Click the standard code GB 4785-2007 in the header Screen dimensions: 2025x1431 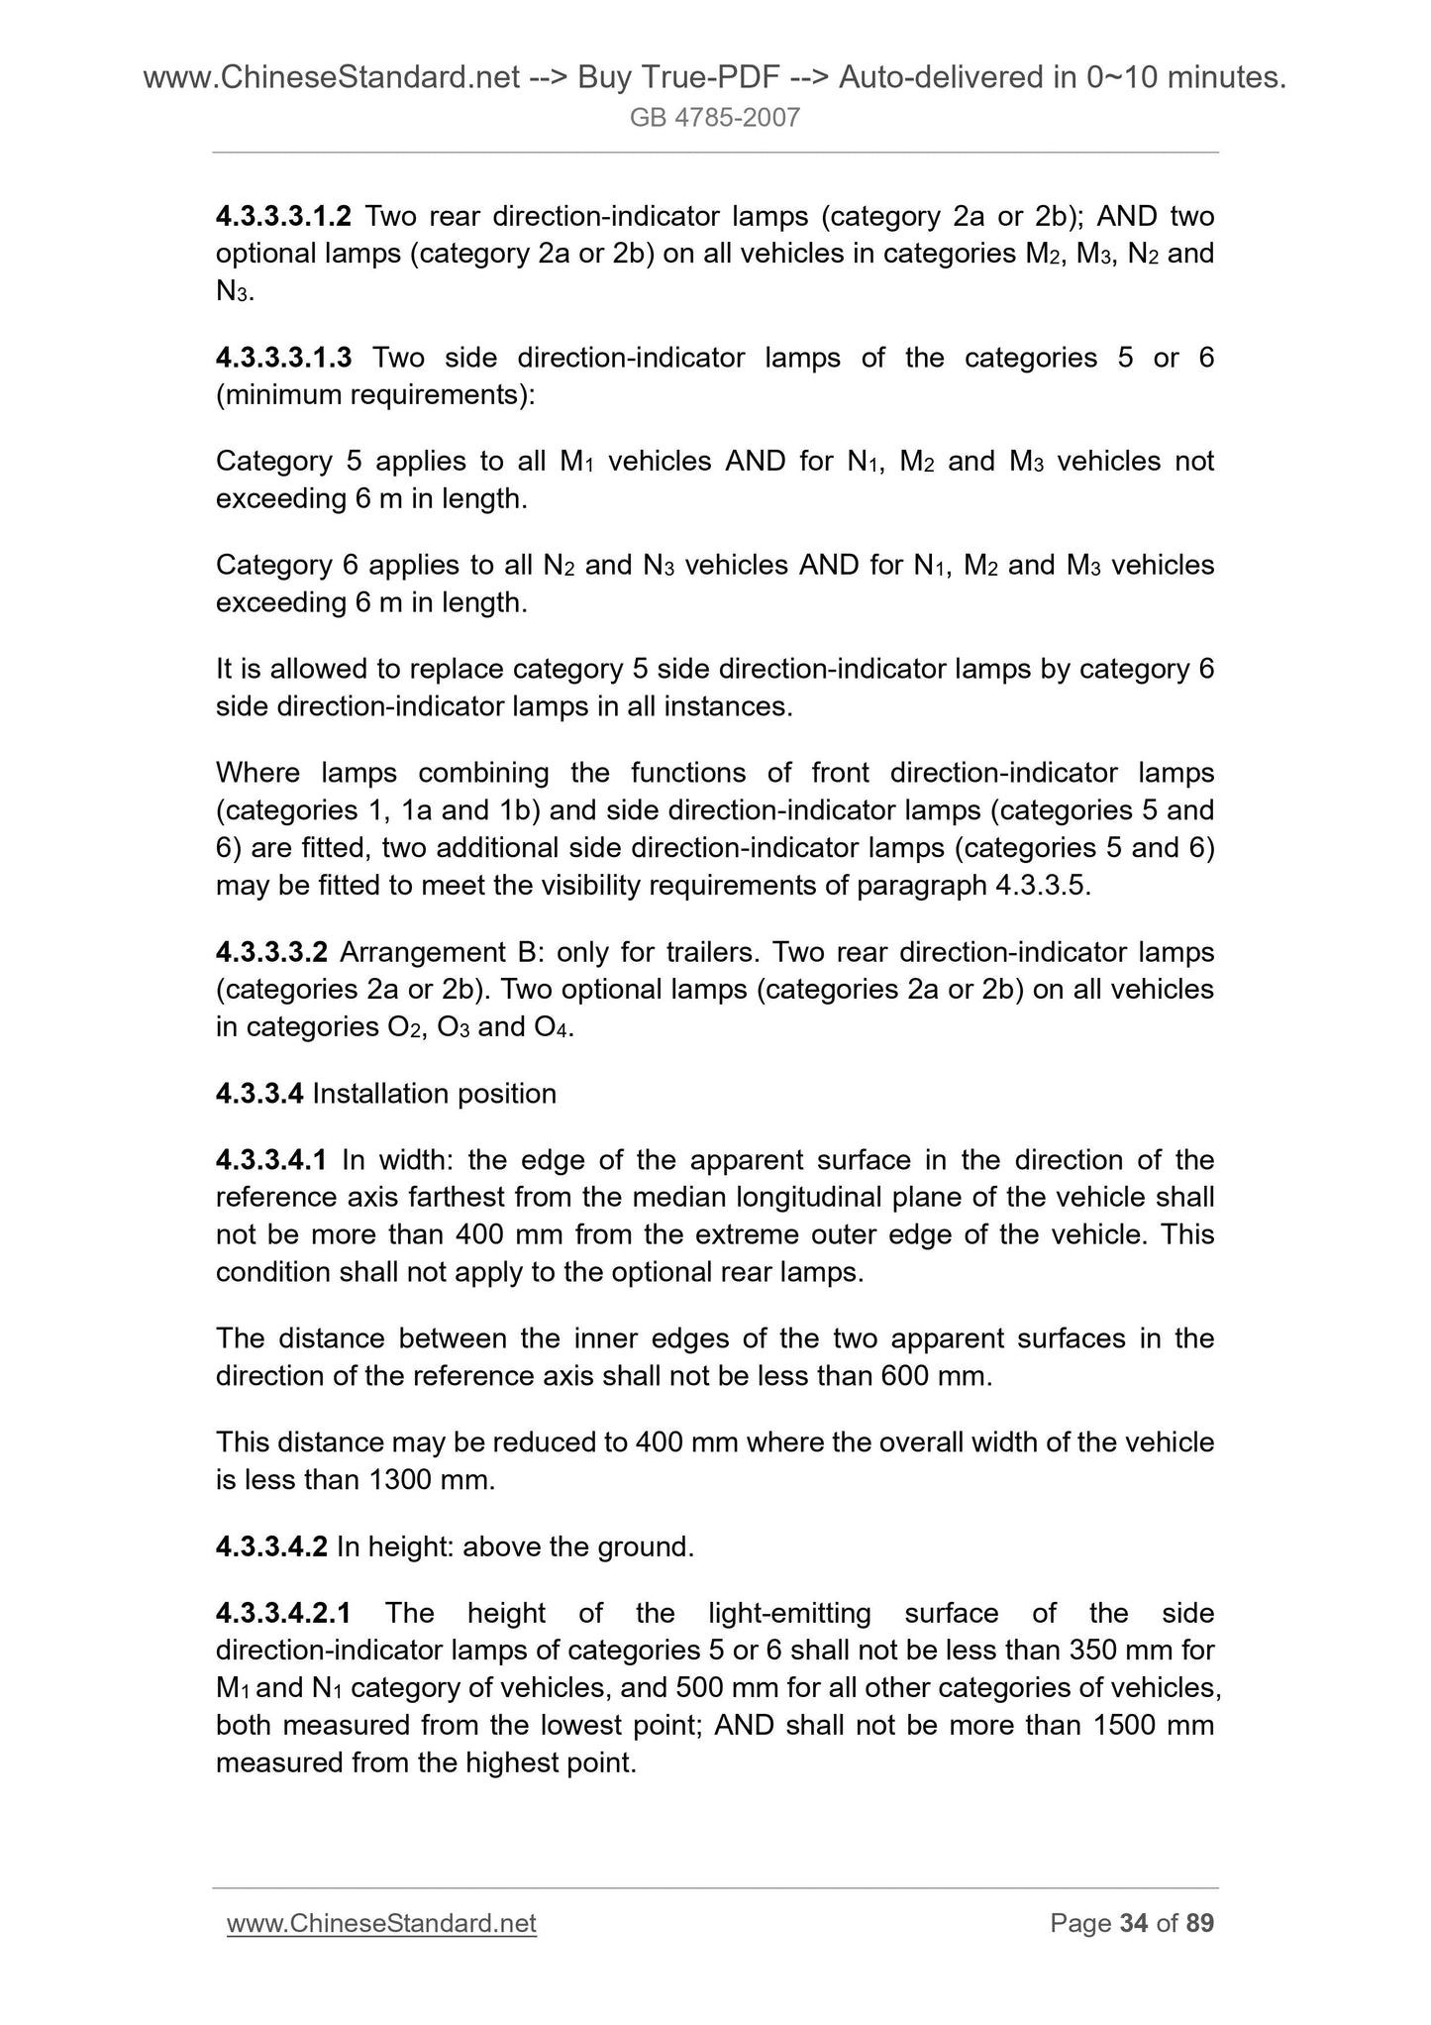(x=715, y=119)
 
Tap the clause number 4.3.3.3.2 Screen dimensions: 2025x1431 (x=271, y=953)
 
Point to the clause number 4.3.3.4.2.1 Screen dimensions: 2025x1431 (x=283, y=1614)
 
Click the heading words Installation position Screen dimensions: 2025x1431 (x=434, y=1094)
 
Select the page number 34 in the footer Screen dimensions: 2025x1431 (x=1133, y=1923)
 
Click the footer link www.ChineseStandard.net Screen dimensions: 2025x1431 (x=381, y=1923)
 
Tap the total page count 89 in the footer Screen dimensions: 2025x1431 (x=1199, y=1923)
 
